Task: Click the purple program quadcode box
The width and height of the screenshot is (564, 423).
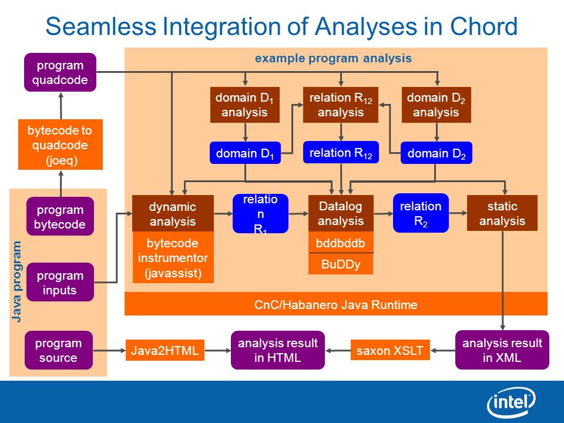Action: [60, 72]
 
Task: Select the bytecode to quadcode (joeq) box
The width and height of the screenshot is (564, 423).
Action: [61, 145]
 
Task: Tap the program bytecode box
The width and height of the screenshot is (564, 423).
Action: [60, 217]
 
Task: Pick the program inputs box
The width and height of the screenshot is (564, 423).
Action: [60, 282]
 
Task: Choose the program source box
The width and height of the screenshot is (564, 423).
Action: [59, 350]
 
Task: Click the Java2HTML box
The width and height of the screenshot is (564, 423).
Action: [164, 350]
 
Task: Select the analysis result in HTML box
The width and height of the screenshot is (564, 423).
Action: [278, 350]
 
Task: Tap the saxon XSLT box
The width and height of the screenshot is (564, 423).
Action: [390, 350]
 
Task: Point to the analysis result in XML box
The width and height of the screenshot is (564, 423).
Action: [502, 350]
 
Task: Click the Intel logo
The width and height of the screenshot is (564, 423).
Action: [511, 402]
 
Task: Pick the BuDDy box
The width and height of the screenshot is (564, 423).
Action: [341, 264]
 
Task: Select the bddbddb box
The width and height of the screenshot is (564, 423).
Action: [341, 243]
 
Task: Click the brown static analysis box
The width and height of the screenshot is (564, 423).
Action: [502, 213]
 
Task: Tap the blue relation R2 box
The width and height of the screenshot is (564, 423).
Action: [421, 213]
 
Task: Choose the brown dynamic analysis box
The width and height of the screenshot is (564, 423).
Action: [173, 213]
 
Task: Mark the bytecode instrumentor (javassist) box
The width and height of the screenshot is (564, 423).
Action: [173, 257]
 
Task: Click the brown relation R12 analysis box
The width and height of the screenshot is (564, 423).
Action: [341, 105]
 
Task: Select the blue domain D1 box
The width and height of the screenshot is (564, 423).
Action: [245, 153]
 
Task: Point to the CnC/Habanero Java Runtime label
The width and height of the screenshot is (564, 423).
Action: [335, 305]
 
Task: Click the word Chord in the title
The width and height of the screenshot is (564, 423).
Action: [484, 26]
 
